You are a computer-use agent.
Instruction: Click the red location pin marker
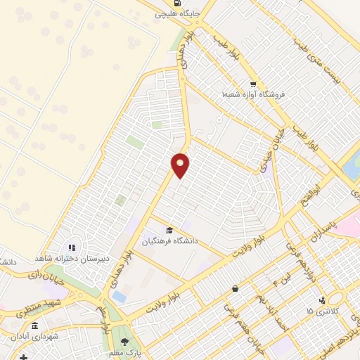point(181,165)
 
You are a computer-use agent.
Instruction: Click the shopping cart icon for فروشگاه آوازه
point(252,84)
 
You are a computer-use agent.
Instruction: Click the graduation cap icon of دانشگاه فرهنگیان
point(169,230)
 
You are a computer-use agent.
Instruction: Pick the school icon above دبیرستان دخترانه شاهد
point(71,247)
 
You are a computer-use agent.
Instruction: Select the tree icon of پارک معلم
point(125,342)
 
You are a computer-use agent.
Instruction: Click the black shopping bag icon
point(234,289)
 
